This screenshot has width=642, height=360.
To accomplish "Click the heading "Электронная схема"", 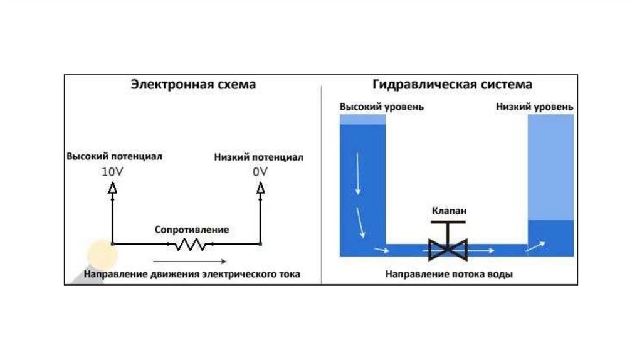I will [x=192, y=85].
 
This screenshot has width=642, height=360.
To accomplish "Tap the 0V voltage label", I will [x=260, y=171].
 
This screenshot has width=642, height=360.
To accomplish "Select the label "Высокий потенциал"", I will [x=115, y=157].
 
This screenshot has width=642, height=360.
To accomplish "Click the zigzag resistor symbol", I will [x=190, y=244].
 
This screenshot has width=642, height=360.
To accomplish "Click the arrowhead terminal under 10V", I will [x=112, y=188].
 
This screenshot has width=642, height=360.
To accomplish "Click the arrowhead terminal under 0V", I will [x=260, y=188].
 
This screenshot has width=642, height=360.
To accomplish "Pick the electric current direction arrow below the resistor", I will [x=189, y=260].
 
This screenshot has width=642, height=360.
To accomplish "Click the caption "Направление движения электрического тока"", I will [x=192, y=274].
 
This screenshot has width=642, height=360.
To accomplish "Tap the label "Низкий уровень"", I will [x=534, y=107].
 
